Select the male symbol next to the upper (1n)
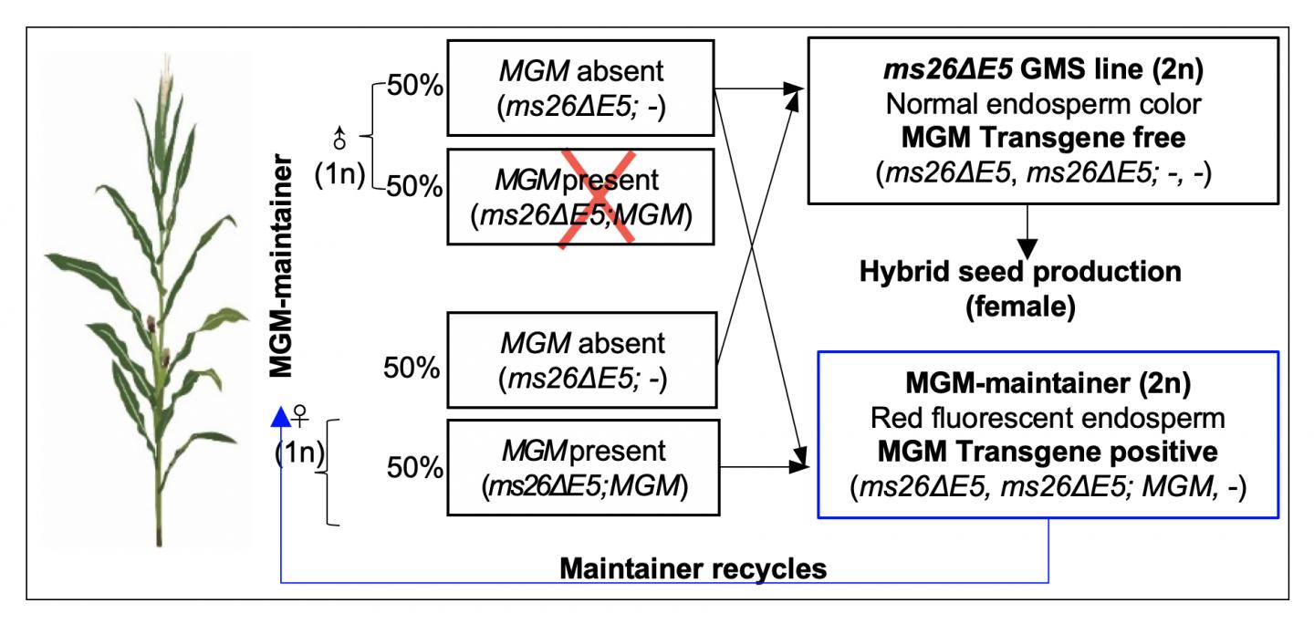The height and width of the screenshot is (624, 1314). tap(339, 139)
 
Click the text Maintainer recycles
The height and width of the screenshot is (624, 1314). tap(693, 570)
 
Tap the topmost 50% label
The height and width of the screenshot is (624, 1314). tap(416, 89)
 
